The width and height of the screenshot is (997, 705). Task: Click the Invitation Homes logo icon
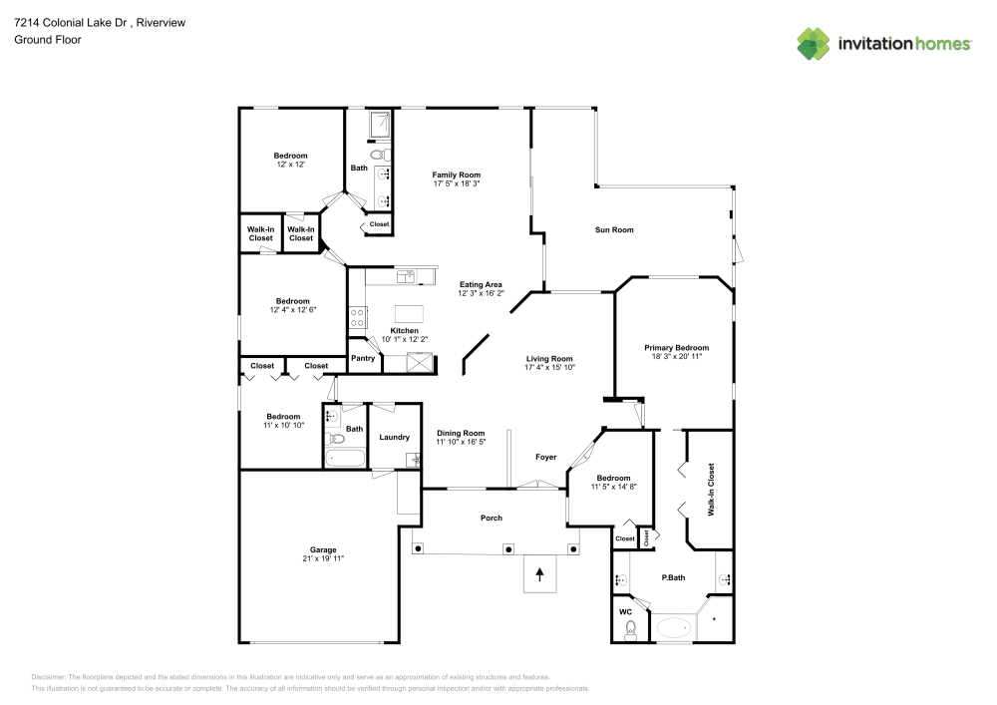[814, 43]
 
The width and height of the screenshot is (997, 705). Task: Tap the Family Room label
[457, 175]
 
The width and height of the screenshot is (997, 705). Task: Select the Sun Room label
[614, 230]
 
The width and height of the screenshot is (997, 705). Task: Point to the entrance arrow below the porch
[540, 573]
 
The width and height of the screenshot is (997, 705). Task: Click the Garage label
[322, 549]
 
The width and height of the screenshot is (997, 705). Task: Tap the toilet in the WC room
[630, 629]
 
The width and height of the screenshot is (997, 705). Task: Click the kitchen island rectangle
[408, 312]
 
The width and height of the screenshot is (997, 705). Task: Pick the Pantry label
[363, 358]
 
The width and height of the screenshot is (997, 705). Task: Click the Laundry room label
[394, 437]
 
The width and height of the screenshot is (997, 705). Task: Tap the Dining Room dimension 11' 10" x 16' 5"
[461, 442]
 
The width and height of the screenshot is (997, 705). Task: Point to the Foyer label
[545, 457]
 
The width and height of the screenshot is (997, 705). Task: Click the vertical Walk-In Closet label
[711, 490]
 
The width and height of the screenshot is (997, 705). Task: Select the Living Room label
[549, 359]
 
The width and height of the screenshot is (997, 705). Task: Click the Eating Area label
[481, 284]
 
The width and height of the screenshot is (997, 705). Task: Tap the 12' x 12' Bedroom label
[290, 156]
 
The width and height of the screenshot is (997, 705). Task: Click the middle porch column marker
[508, 548]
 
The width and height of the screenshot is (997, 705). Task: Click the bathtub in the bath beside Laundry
[345, 459]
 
